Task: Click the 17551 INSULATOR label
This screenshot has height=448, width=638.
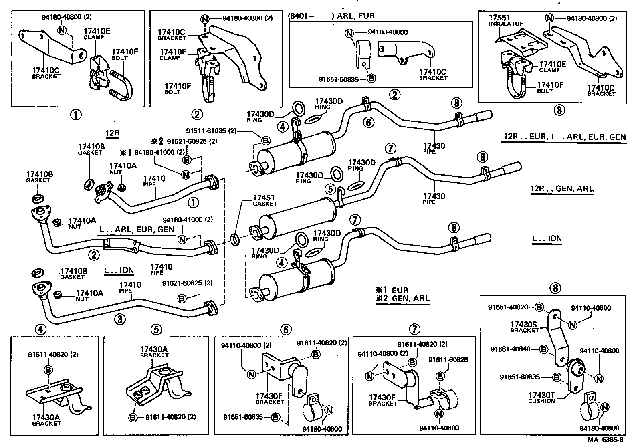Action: [x=505, y=20]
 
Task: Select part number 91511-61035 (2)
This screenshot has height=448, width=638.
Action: [x=211, y=131]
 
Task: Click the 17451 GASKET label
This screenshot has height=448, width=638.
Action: [x=264, y=200]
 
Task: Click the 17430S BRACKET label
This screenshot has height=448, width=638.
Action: [x=525, y=327]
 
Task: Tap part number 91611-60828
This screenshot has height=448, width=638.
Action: [x=448, y=360]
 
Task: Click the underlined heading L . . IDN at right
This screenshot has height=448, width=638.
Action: [x=547, y=239]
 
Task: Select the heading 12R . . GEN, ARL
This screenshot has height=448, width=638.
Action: [x=561, y=189]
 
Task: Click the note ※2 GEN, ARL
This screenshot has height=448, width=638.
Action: [x=402, y=299]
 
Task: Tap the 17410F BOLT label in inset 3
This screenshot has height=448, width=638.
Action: [x=550, y=87]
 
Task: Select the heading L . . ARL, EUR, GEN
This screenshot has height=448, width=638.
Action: [x=136, y=229]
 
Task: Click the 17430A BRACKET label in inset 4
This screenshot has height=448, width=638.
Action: [x=46, y=420]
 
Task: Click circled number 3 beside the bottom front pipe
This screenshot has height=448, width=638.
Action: [x=119, y=319]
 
